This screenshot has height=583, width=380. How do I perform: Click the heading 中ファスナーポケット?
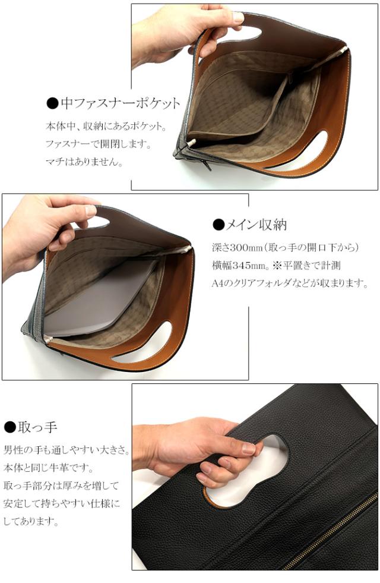pos(119,104)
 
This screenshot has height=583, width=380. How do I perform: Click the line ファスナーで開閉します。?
pos(99,144)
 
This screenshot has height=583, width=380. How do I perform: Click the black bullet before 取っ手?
pos(9,427)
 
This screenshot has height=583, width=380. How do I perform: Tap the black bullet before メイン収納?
pos(218,225)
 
